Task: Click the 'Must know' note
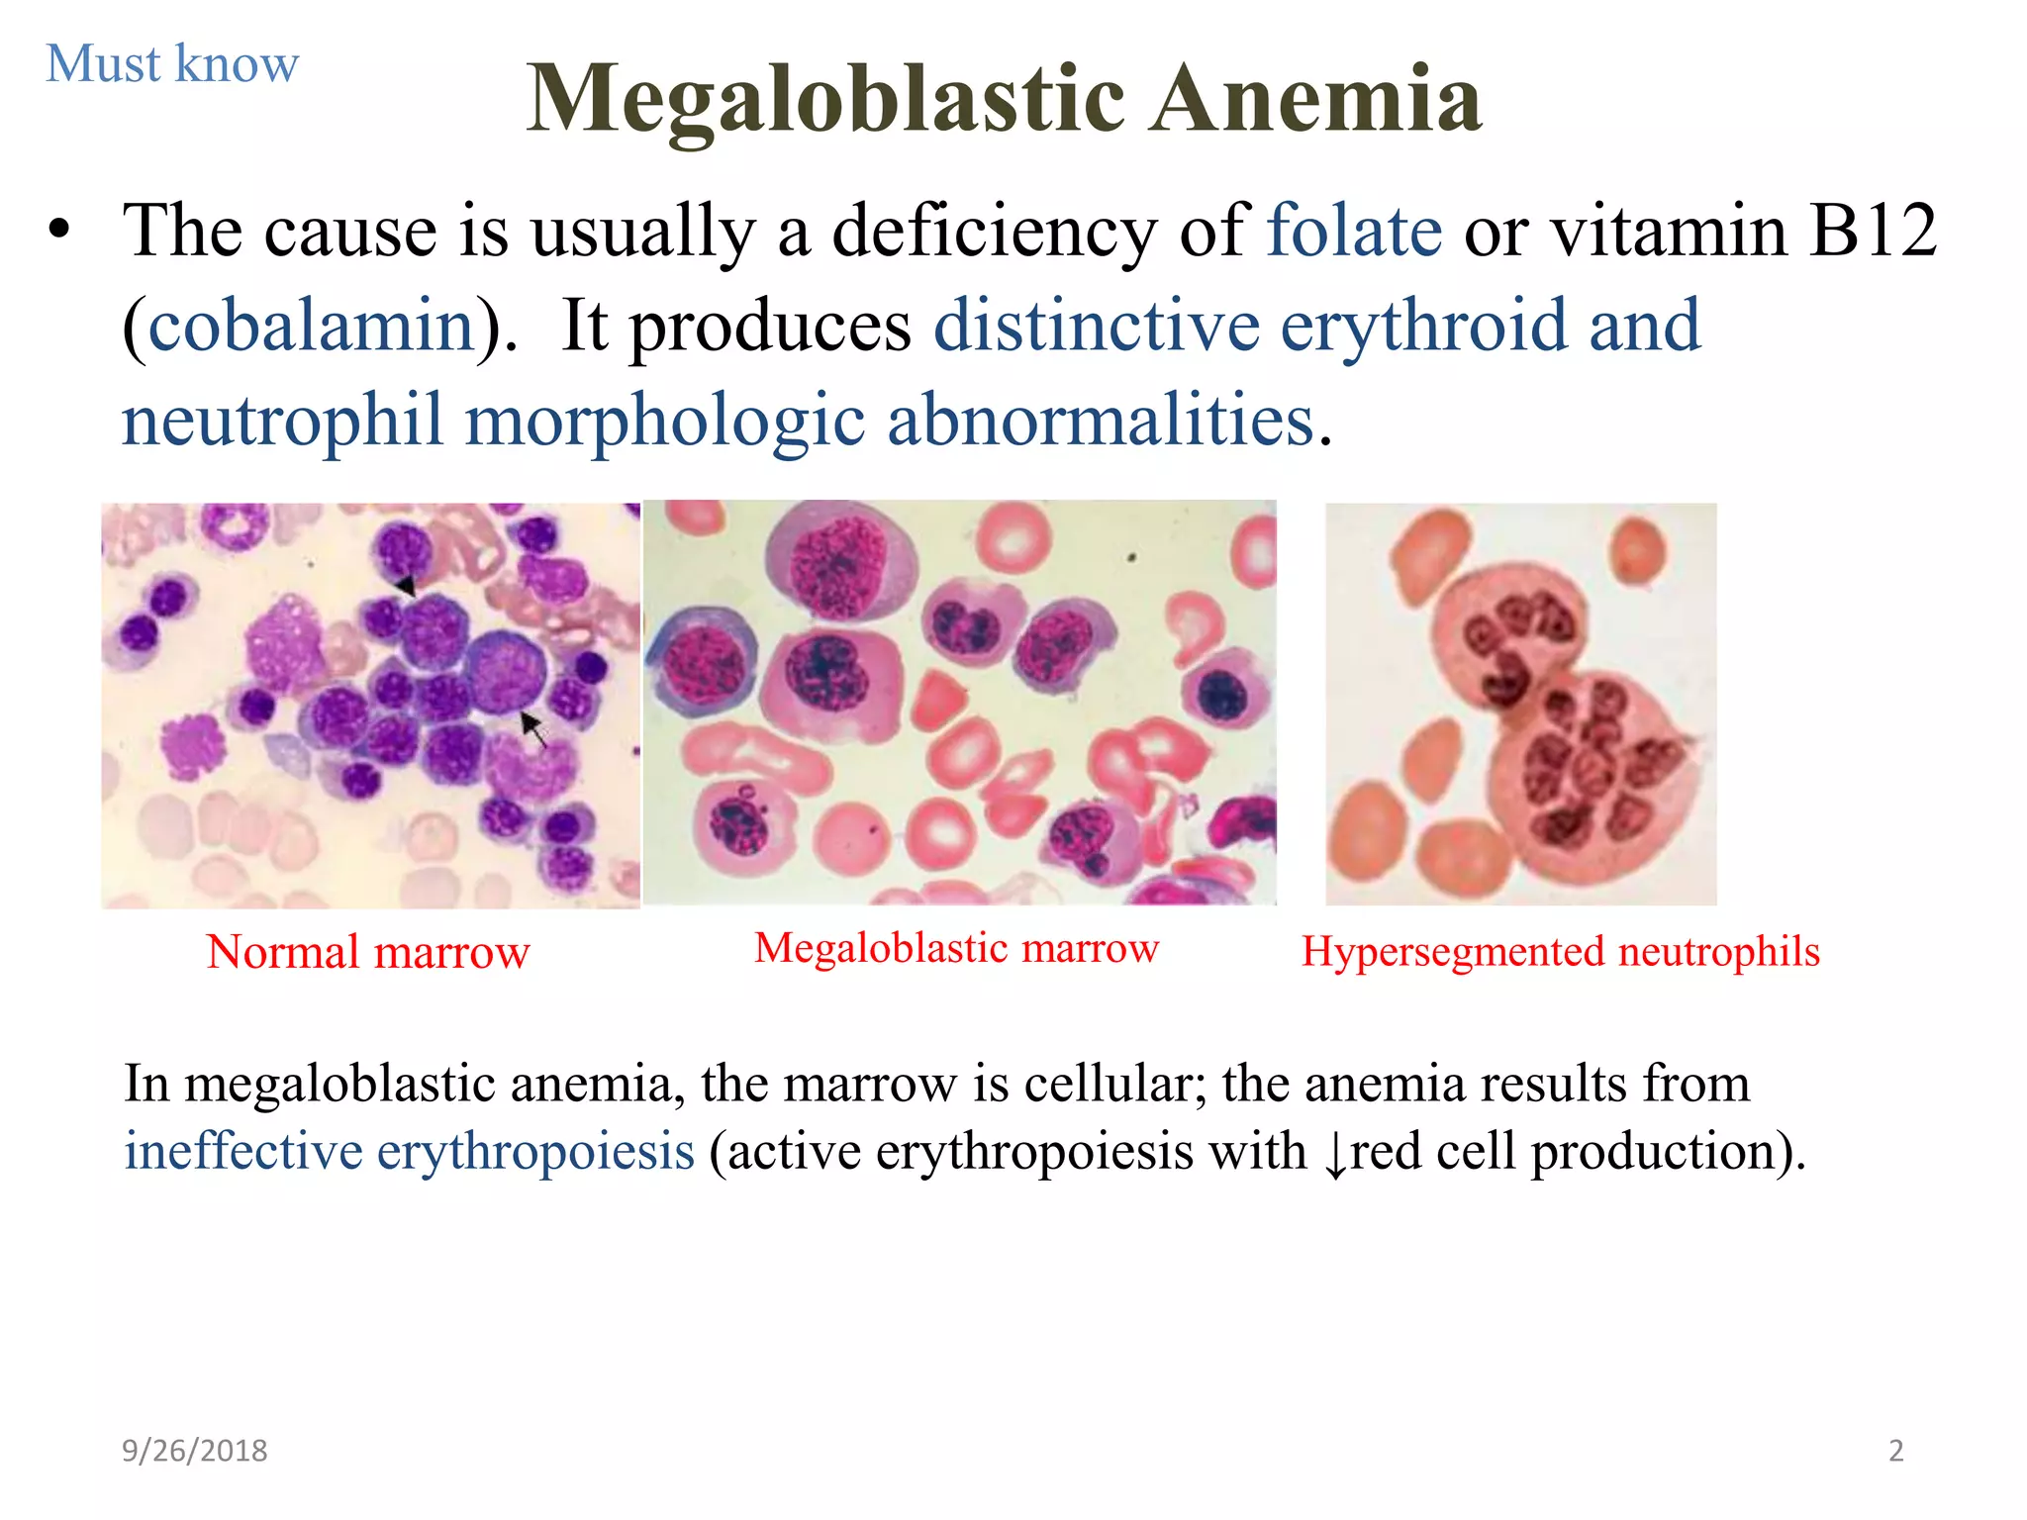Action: point(172,64)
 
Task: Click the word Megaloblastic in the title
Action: point(825,99)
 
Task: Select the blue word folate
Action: point(1354,230)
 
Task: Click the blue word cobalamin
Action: point(311,326)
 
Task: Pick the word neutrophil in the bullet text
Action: point(282,420)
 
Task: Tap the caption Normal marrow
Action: point(368,952)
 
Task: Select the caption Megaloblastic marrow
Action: point(956,948)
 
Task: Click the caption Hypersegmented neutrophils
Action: point(1560,952)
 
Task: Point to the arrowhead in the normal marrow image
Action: point(406,586)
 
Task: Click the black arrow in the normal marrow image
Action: point(534,730)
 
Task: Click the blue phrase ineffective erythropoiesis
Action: point(409,1151)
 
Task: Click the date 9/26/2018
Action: point(194,1451)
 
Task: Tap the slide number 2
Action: point(1895,1451)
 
